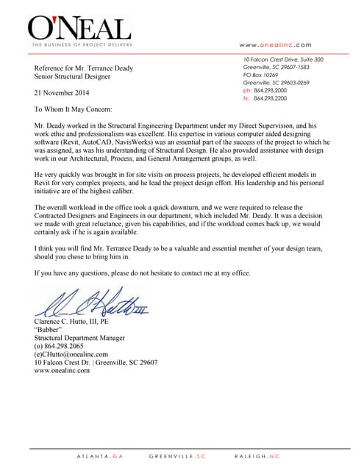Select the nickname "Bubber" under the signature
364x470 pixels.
coord(51,330)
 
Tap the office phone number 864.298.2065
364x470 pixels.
coord(68,346)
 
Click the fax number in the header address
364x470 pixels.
coord(265,98)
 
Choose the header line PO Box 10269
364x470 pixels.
coord(261,74)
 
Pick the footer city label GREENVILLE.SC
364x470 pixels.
coord(177,456)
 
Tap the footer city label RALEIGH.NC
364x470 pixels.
coord(257,456)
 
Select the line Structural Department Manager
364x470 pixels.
coord(79,338)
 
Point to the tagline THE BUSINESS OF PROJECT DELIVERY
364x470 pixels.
coord(79,45)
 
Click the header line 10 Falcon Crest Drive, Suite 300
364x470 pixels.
coord(283,59)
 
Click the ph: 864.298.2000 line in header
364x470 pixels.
coord(265,90)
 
